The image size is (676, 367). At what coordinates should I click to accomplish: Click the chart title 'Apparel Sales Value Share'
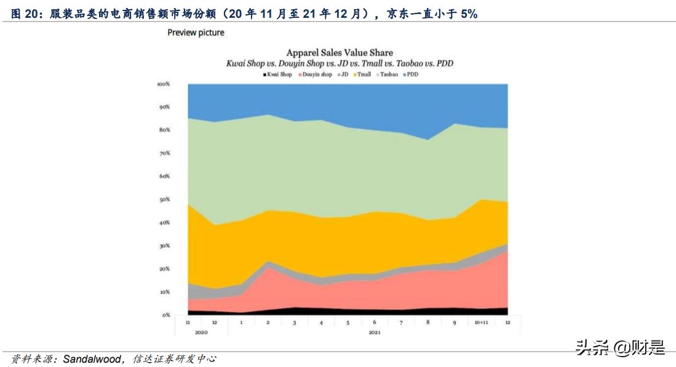340,53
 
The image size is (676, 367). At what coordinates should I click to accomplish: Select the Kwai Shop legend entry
278,74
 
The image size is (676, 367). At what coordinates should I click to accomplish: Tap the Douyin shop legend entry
316,74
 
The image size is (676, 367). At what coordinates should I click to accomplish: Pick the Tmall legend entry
362,74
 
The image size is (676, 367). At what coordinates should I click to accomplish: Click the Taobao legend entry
386,74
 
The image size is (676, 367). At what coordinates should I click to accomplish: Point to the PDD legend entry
410,74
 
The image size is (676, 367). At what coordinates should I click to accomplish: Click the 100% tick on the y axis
164,84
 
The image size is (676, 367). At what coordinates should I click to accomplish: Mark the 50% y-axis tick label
165,200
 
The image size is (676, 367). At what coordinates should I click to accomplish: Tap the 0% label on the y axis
166,315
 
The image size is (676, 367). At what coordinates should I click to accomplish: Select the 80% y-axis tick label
165,130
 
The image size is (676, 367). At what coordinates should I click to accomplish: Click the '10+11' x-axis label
480,322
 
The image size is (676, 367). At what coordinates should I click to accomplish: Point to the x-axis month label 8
427,322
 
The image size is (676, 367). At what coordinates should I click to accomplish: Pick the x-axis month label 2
268,322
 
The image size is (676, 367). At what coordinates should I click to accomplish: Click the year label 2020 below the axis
201,332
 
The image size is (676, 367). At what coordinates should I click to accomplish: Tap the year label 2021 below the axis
375,332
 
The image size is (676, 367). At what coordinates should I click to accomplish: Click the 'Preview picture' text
196,33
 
